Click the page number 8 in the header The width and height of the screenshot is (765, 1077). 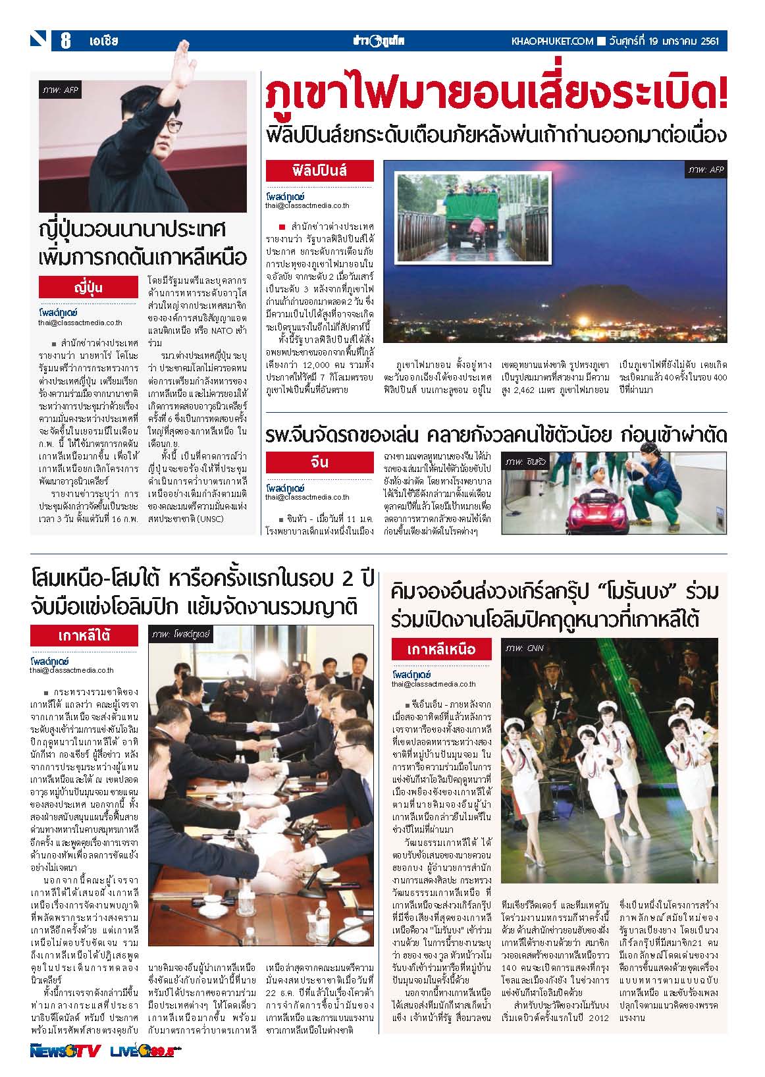66,41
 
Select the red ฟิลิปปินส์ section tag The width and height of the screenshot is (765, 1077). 319,171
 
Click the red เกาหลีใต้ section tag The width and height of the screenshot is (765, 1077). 84,636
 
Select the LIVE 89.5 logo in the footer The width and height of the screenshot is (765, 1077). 146,1051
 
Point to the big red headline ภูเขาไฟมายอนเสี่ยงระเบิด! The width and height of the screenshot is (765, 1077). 496,96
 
